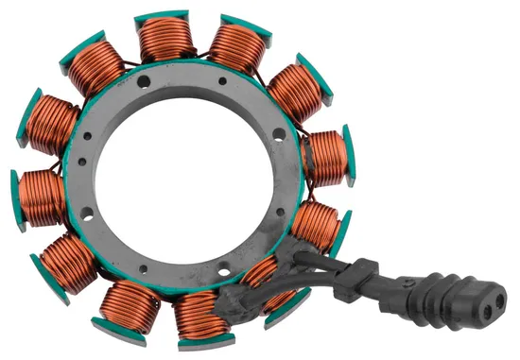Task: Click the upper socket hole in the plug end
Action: [490, 286]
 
